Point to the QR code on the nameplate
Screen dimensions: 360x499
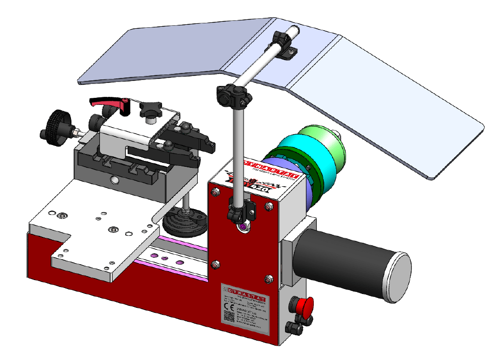click(x=229, y=318)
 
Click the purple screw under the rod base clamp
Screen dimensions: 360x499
click(x=243, y=226)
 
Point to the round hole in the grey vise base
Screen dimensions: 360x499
click(x=114, y=179)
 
